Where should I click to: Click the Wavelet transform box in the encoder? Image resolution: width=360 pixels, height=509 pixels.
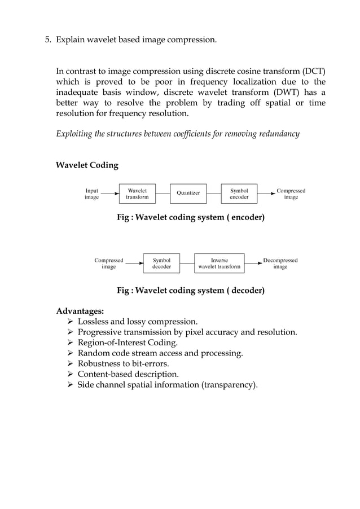pyautogui.click(x=137, y=194)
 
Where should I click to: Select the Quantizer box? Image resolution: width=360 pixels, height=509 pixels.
pyautogui.click(x=188, y=193)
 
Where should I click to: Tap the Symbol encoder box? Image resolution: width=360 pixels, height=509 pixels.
pyautogui.click(x=239, y=194)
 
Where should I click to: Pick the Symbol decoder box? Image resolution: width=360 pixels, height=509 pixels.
pyautogui.click(x=161, y=264)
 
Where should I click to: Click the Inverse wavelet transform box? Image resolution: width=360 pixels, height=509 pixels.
pyautogui.click(x=219, y=264)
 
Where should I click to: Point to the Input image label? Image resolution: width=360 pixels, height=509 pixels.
pyautogui.click(x=91, y=194)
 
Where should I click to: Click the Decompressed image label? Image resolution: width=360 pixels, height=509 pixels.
pyautogui.click(x=280, y=264)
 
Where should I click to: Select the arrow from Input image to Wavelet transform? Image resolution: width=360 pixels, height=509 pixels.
pyautogui.click(x=109, y=194)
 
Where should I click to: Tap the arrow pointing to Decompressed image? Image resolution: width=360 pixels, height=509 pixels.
pyautogui.click(x=252, y=264)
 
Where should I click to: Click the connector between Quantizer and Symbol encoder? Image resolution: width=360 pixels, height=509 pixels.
pyautogui.click(x=214, y=194)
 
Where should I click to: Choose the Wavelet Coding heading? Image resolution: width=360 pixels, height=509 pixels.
pyautogui.click(x=87, y=165)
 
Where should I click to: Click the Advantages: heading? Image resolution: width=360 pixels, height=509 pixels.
pyautogui.click(x=80, y=311)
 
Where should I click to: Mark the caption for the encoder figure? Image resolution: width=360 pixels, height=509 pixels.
pyautogui.click(x=190, y=217)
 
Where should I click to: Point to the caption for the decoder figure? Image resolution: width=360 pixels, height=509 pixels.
pyautogui.click(x=190, y=291)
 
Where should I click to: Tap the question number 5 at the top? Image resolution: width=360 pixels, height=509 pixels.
pyautogui.click(x=47, y=40)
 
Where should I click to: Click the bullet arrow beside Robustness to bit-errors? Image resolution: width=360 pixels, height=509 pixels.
pyautogui.click(x=71, y=364)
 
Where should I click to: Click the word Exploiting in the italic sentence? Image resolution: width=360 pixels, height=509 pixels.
pyautogui.click(x=74, y=134)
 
